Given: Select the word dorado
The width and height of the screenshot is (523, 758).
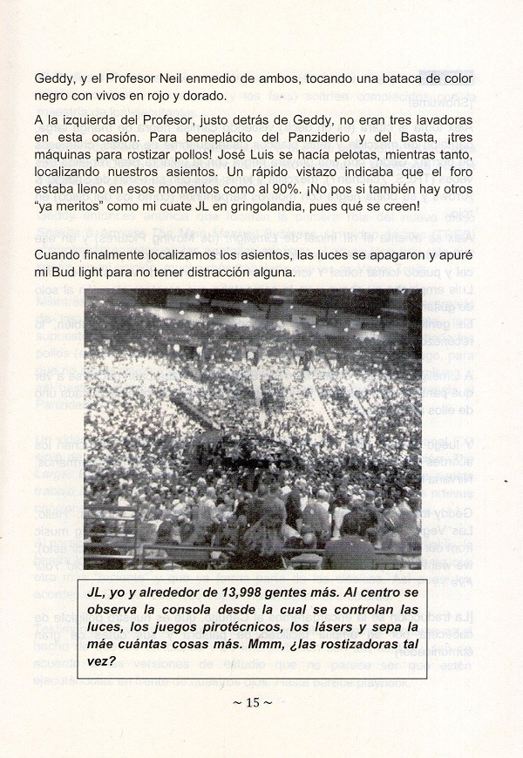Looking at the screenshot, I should tap(203, 96).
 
